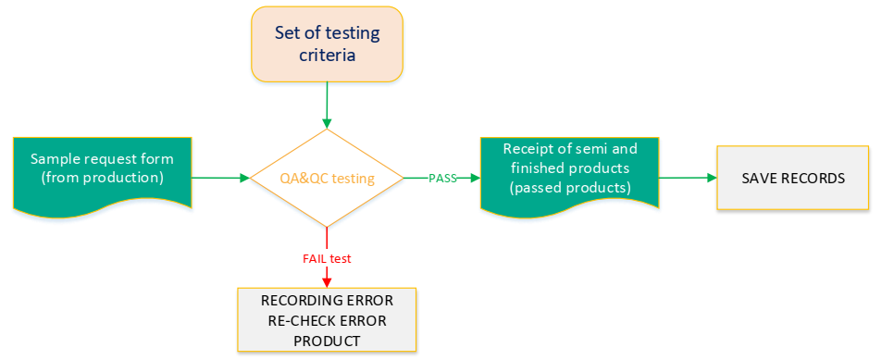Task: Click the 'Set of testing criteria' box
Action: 327,43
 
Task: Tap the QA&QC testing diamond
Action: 327,177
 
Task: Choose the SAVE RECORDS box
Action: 792,178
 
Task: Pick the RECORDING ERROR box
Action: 327,320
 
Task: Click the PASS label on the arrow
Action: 442,178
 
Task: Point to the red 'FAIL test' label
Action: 327,257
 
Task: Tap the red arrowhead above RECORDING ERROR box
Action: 327,281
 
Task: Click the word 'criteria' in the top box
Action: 327,56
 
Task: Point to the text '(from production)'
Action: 102,176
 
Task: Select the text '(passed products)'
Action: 569,187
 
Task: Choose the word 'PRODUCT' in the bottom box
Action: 327,340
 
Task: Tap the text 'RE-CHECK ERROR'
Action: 327,320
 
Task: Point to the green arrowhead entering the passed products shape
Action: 475,178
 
